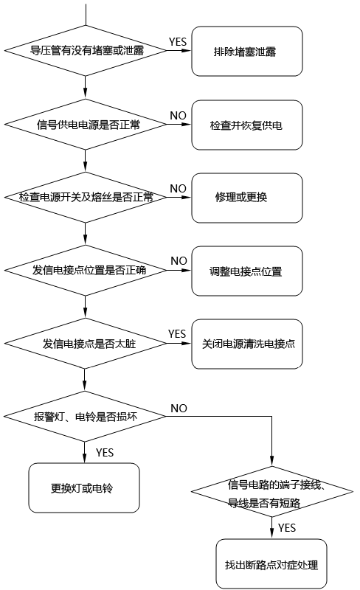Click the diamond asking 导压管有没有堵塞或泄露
[86, 51]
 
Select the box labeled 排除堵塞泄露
[247, 51]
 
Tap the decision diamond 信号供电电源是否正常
[86, 125]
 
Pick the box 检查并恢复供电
[247, 125]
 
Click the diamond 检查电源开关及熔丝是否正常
[86, 198]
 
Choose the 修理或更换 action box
[247, 198]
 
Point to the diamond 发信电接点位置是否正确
[86, 270]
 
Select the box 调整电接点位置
[247, 270]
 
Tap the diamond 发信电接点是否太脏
[86, 343]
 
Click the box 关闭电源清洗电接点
[247, 343]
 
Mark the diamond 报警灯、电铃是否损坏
[86, 416]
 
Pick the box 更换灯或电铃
[84, 487]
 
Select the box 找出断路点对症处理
[271, 564]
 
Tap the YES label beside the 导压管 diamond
[178, 41]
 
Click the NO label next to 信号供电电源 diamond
[178, 115]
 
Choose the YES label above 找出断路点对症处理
[288, 528]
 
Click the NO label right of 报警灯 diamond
[179, 407]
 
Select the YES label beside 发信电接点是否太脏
[177, 333]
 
